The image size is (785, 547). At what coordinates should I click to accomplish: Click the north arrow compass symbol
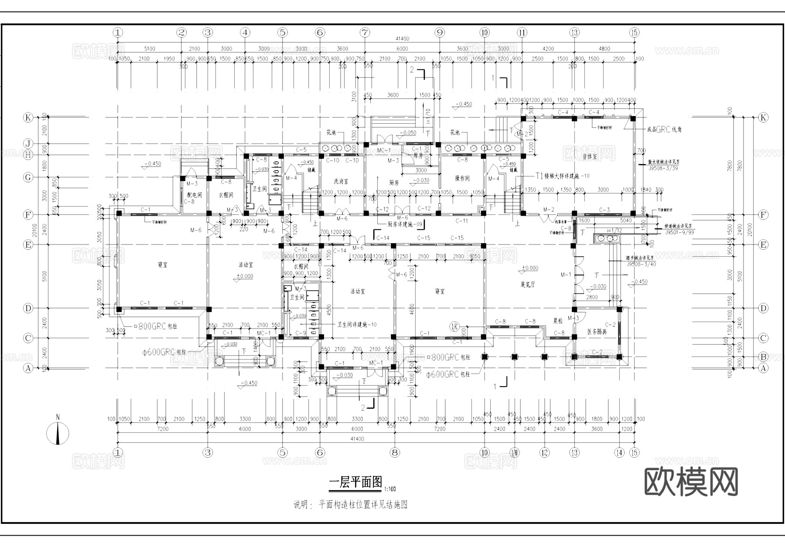tap(58, 432)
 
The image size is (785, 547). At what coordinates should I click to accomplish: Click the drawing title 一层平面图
tap(355, 482)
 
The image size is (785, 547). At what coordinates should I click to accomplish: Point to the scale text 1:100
tap(390, 489)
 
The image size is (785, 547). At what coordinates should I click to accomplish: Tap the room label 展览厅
tap(527, 285)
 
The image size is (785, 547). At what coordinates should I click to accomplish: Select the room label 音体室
tap(589, 156)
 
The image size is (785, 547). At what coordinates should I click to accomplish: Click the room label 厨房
tap(394, 183)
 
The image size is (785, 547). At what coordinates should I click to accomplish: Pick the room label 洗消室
tap(341, 181)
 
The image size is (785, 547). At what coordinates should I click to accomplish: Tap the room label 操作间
tap(462, 178)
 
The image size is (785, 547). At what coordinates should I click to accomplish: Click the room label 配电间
tap(194, 195)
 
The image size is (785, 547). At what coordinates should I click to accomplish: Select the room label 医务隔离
tap(597, 332)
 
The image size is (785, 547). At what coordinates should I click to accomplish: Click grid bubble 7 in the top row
tap(365, 32)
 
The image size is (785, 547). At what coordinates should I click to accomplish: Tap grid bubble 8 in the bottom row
tap(395, 452)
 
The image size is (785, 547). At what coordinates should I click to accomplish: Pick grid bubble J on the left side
tap(28, 144)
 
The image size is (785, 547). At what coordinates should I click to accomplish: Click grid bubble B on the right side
tap(763, 357)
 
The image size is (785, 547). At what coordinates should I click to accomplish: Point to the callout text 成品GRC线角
tap(664, 129)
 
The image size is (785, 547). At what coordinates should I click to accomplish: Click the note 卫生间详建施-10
tap(357, 324)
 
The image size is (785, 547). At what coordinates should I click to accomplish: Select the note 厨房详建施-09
tap(405, 224)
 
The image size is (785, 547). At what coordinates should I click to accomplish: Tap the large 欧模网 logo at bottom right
tap(691, 482)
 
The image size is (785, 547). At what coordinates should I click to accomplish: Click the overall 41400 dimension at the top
tap(402, 39)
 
